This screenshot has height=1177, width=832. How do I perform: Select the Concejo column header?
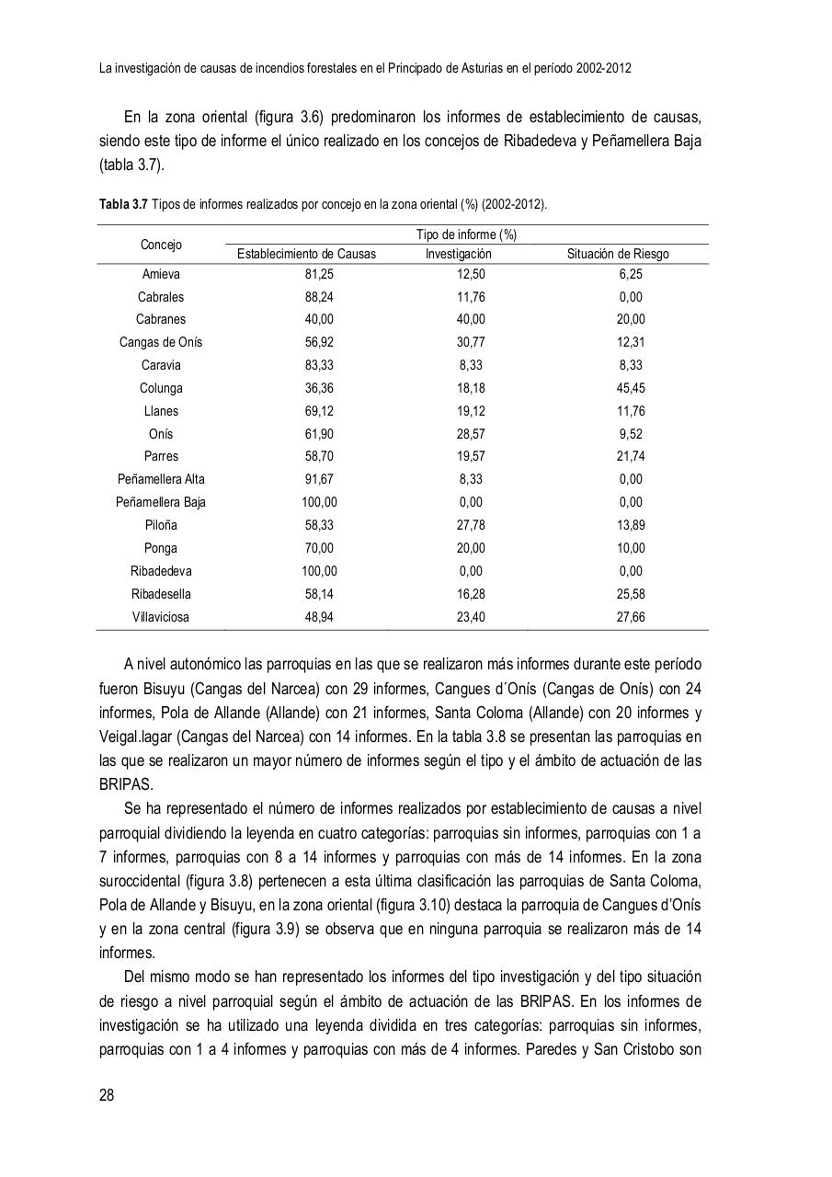coord(161,245)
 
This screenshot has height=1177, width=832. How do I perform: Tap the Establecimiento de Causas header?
coord(306,255)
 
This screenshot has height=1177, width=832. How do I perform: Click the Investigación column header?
coord(458,255)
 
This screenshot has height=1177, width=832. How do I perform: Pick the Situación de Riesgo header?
coord(618,255)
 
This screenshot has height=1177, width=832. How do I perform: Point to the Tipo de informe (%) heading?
coord(466,234)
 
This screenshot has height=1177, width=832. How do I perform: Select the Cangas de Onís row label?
coord(161,342)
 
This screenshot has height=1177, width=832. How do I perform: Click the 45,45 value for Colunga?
coord(631,388)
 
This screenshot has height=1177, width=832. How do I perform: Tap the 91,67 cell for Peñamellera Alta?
coord(319,479)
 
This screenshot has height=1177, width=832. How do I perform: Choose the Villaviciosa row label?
coord(161,617)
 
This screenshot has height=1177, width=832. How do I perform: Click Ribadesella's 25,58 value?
coord(631,594)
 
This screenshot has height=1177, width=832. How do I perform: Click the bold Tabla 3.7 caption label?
coord(123,204)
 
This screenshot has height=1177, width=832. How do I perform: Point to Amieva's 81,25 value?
coord(319,274)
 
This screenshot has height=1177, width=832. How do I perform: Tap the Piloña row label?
coord(161,525)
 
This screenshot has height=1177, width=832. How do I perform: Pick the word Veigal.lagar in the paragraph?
coord(134,737)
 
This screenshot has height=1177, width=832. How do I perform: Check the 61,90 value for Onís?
coord(319,434)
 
